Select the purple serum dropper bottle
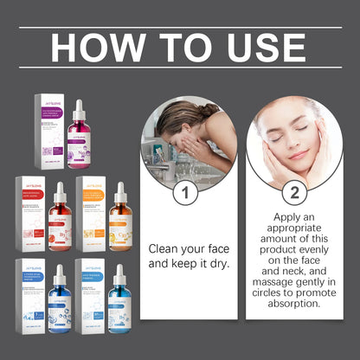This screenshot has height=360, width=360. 80,139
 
